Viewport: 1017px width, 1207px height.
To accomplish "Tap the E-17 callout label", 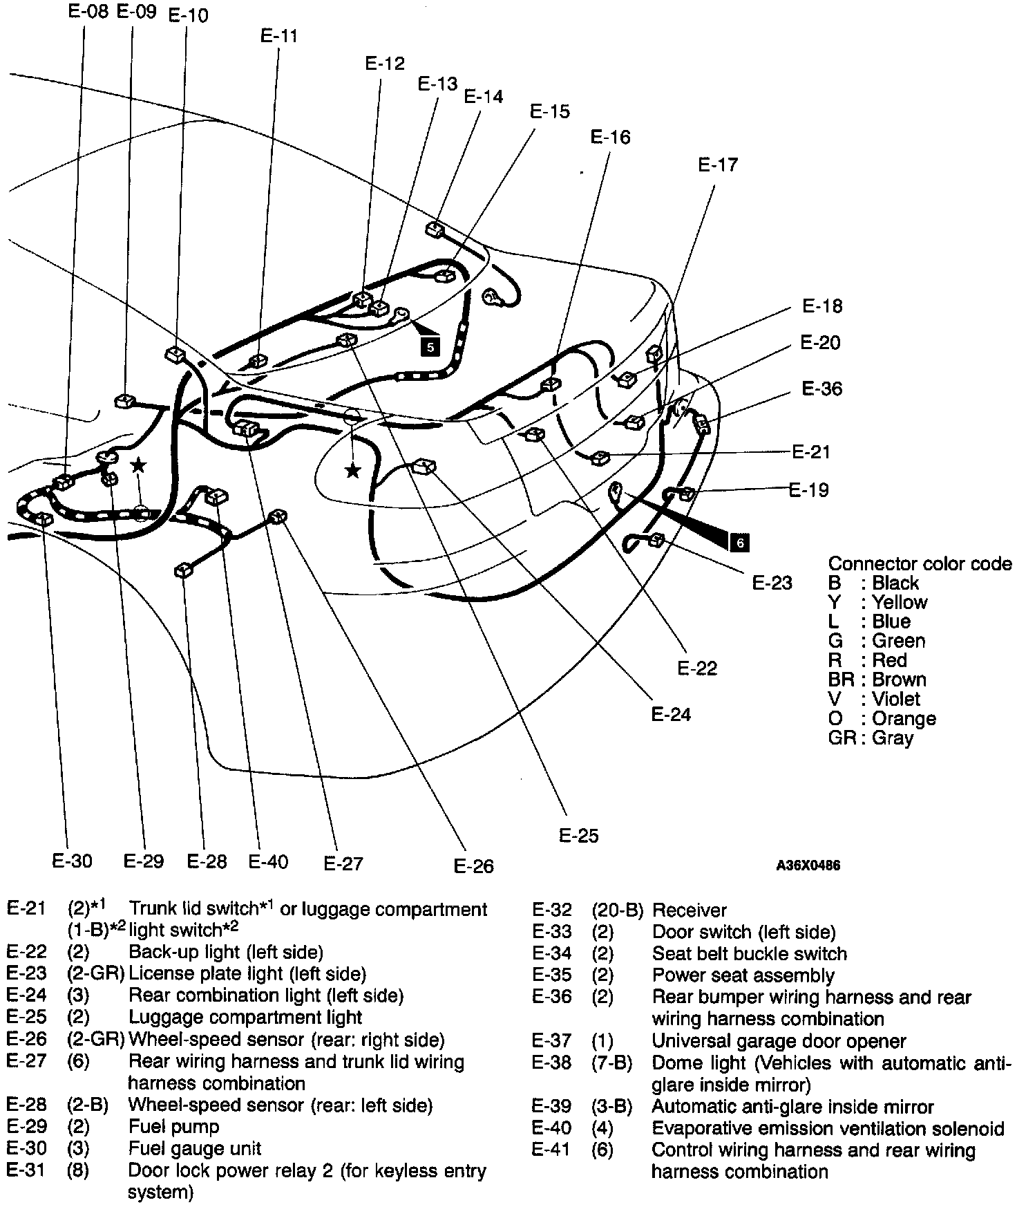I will tap(718, 165).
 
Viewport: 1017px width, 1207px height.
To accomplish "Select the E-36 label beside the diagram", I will tap(822, 389).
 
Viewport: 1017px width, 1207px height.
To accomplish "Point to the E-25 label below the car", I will tap(578, 836).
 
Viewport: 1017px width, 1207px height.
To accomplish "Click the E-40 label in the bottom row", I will tap(268, 861).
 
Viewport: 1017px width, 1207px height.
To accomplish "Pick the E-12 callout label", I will tap(384, 64).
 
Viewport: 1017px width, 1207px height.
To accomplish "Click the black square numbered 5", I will tap(430, 346).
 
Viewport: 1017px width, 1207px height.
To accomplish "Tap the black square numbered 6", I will tap(739, 543).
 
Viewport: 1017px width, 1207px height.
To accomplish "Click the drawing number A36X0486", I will tap(808, 866).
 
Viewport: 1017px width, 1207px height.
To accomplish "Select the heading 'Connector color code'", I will tap(920, 564).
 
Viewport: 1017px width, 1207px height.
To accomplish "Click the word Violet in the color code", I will tap(896, 699).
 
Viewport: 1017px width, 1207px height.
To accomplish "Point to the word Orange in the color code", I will tap(904, 718).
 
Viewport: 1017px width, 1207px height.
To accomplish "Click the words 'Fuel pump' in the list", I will tap(173, 1127).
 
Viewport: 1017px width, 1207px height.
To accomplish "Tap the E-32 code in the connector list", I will tap(552, 910).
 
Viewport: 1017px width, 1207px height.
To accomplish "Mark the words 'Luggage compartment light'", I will tap(245, 1018).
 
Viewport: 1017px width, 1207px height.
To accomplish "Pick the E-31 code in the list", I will tap(26, 1171).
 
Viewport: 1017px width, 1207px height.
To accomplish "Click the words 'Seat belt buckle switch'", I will tap(750, 954).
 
